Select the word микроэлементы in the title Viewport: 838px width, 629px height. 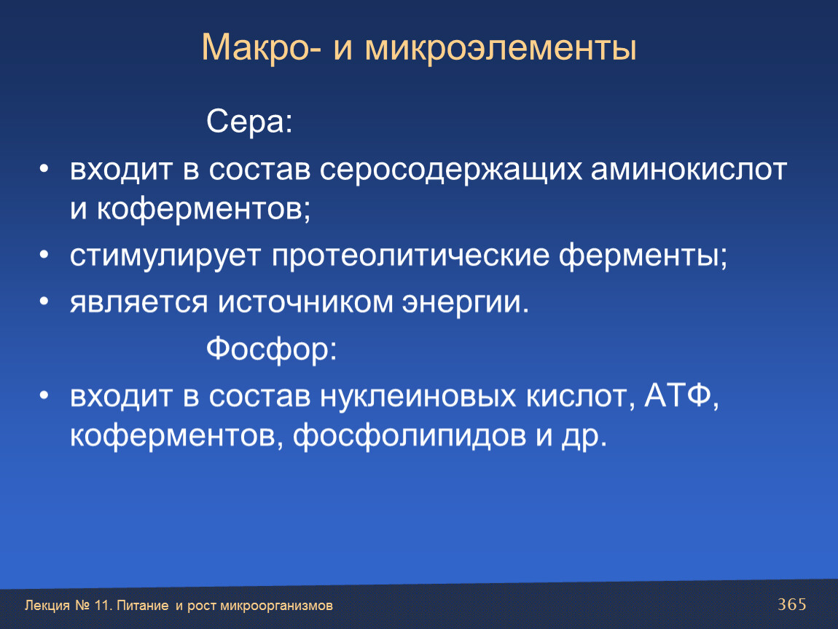[x=501, y=48]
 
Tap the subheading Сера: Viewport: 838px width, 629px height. [x=250, y=122]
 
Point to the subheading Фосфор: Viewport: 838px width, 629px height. [x=272, y=349]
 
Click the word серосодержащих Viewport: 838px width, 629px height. [x=450, y=170]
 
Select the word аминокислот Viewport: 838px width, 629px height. [x=689, y=170]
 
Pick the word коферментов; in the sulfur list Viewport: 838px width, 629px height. [x=203, y=208]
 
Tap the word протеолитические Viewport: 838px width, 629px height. [x=410, y=256]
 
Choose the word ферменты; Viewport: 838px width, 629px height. [x=643, y=256]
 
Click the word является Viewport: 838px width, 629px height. [x=138, y=302]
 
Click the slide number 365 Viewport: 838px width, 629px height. [x=792, y=604]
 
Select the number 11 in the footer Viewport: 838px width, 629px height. [x=101, y=606]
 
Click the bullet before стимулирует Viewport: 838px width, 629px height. [x=44, y=255]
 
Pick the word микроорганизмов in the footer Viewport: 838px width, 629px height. [x=276, y=606]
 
